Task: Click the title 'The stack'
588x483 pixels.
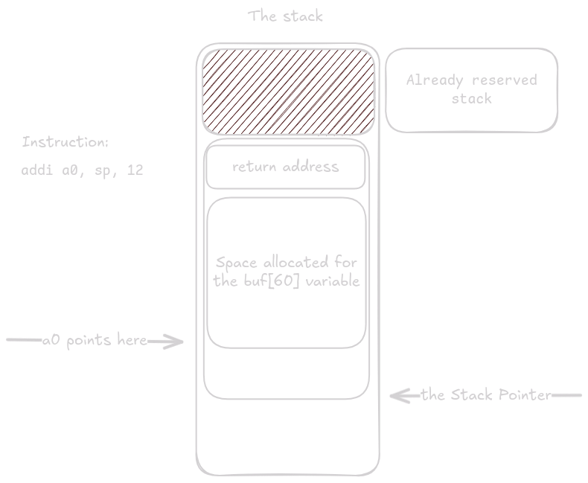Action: pyautogui.click(x=286, y=16)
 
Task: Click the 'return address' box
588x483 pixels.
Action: pyautogui.click(x=286, y=167)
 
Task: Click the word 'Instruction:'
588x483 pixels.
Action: pyautogui.click(x=65, y=142)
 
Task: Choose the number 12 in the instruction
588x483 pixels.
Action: pyautogui.click(x=135, y=170)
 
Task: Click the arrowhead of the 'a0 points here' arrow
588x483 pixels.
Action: pyautogui.click(x=177, y=342)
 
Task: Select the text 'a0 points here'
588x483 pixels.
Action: pyautogui.click(x=95, y=341)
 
